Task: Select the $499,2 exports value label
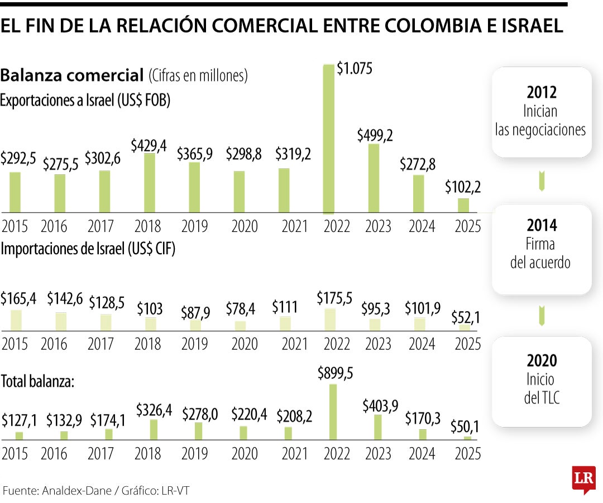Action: point(376,134)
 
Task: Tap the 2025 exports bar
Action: point(463,205)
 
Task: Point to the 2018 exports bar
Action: point(150,183)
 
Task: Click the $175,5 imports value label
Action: point(334,298)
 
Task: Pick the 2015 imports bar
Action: point(16,320)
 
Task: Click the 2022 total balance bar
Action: point(333,411)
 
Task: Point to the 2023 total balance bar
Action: point(378,426)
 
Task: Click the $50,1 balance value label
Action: point(465,427)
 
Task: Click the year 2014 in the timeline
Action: point(541,226)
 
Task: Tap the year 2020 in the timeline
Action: point(541,360)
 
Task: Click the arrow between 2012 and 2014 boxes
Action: point(541,181)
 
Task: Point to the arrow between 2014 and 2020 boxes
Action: point(541,315)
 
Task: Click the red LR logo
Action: point(583,479)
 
